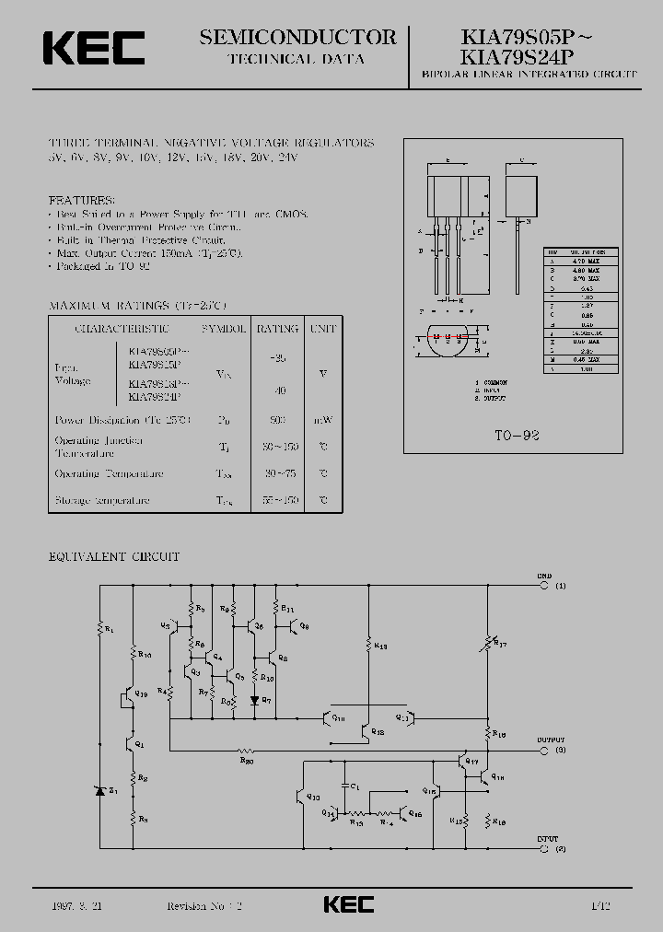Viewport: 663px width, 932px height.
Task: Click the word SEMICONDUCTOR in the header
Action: [x=297, y=37]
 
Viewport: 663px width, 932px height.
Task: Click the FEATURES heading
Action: [x=82, y=200]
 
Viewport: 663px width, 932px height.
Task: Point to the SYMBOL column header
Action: [x=223, y=328]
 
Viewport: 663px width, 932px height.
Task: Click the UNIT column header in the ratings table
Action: [x=322, y=328]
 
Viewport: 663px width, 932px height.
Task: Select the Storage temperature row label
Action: [x=101, y=500]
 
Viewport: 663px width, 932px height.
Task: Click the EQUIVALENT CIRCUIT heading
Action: [x=113, y=557]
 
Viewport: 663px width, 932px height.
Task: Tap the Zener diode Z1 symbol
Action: [x=100, y=790]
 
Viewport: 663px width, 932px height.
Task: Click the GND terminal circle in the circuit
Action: [x=543, y=586]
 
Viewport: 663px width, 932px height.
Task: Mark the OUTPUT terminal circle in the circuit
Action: [x=543, y=750]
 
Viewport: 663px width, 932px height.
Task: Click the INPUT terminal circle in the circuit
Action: [x=543, y=848]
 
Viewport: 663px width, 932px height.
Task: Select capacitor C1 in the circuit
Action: [x=349, y=787]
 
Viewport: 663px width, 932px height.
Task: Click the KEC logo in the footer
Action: [x=349, y=904]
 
